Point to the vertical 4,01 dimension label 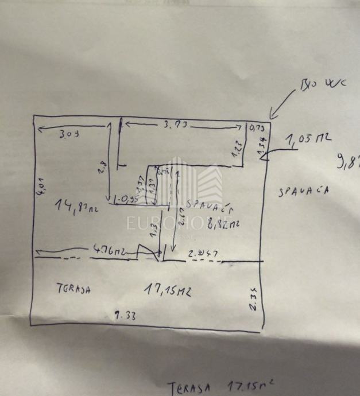pyautogui.click(x=40, y=187)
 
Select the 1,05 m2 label pyautogui.click(x=308, y=139)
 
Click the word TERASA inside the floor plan pyautogui.click(x=75, y=288)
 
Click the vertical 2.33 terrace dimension pyautogui.click(x=252, y=299)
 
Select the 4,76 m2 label pyautogui.click(x=111, y=250)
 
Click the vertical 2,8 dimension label pyautogui.click(x=103, y=167)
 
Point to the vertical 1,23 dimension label pyautogui.click(x=237, y=150)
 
